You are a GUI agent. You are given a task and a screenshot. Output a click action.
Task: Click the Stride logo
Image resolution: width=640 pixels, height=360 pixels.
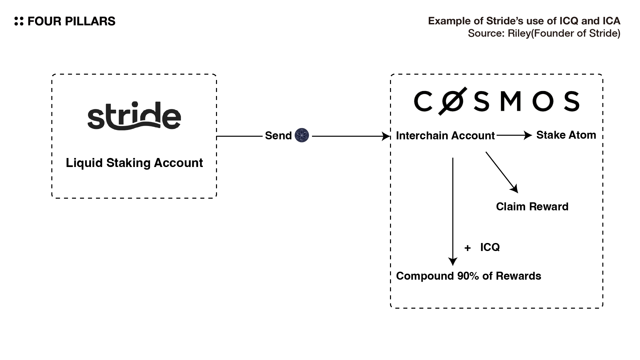(134, 115)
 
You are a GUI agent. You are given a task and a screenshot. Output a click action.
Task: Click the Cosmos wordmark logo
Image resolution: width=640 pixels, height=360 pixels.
(496, 101)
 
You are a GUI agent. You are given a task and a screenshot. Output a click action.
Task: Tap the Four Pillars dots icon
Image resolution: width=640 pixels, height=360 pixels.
(19, 21)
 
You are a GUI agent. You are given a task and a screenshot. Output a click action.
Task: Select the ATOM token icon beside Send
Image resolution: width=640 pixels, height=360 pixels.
(302, 135)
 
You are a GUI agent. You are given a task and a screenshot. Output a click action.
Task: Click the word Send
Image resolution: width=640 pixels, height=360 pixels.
(278, 136)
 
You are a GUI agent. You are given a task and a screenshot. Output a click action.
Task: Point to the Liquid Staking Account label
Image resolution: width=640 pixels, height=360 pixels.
(134, 163)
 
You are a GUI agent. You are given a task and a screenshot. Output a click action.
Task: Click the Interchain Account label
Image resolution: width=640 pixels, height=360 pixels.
(445, 136)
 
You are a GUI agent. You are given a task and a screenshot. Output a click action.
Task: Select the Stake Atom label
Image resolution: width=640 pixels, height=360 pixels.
(566, 135)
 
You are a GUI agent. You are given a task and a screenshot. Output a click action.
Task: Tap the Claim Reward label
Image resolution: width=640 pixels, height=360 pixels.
(532, 207)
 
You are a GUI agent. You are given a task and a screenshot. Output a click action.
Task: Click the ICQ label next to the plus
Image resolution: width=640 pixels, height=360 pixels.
(490, 247)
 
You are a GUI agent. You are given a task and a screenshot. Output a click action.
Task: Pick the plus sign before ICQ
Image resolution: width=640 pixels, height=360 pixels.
(467, 248)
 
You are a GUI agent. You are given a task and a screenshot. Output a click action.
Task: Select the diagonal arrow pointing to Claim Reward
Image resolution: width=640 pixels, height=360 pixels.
(502, 172)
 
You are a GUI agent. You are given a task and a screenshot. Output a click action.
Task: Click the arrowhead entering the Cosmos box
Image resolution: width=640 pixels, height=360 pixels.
(387, 136)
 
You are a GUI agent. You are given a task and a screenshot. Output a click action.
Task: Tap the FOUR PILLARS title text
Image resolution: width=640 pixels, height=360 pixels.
(71, 21)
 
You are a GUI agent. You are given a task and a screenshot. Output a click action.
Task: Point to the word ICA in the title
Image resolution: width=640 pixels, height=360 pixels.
(611, 21)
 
